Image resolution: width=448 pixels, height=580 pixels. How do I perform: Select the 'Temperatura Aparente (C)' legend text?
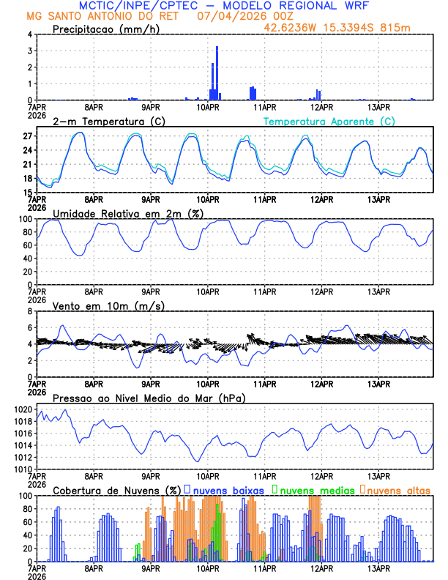[329, 121]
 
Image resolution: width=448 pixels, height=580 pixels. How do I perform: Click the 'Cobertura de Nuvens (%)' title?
[116, 489]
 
